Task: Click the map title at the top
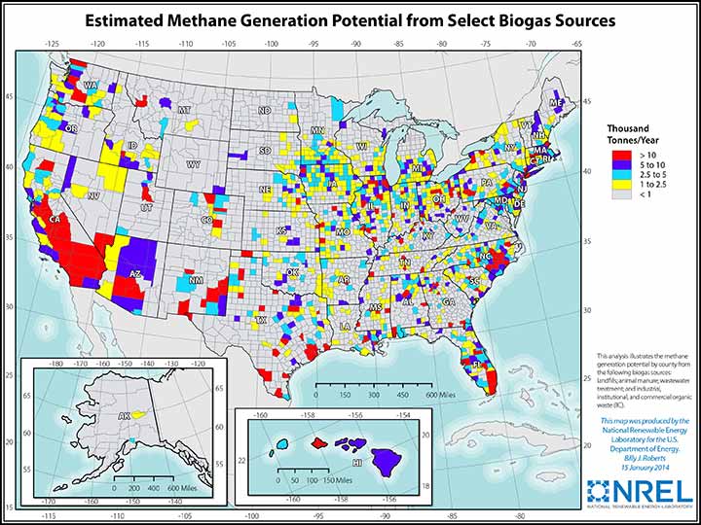click(350, 20)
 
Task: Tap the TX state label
click(261, 319)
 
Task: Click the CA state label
click(55, 220)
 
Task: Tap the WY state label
click(194, 164)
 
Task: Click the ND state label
click(264, 111)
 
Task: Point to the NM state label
click(196, 281)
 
